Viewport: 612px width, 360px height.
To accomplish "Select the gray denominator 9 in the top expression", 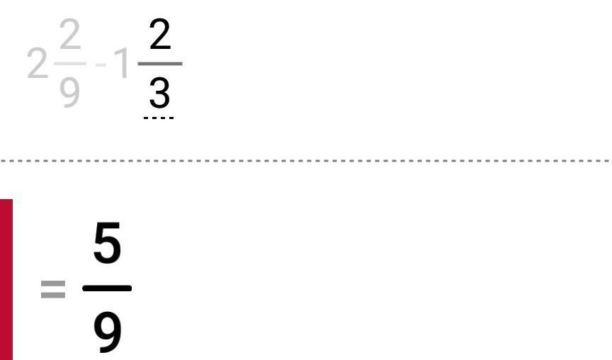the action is (69, 92).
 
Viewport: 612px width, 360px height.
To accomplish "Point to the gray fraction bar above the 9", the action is (69, 63).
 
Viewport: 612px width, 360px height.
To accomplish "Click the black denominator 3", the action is (159, 93).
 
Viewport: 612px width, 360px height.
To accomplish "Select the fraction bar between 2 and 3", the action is (159, 63).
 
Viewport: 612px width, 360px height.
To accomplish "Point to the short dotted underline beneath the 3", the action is (159, 118).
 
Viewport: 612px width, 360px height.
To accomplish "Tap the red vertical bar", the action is (6, 279).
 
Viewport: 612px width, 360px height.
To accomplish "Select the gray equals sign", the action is (53, 288).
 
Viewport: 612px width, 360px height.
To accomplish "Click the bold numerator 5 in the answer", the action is (107, 245).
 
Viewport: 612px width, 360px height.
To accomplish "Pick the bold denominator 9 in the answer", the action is (107, 332).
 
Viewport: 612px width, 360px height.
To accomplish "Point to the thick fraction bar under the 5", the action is (107, 288).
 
